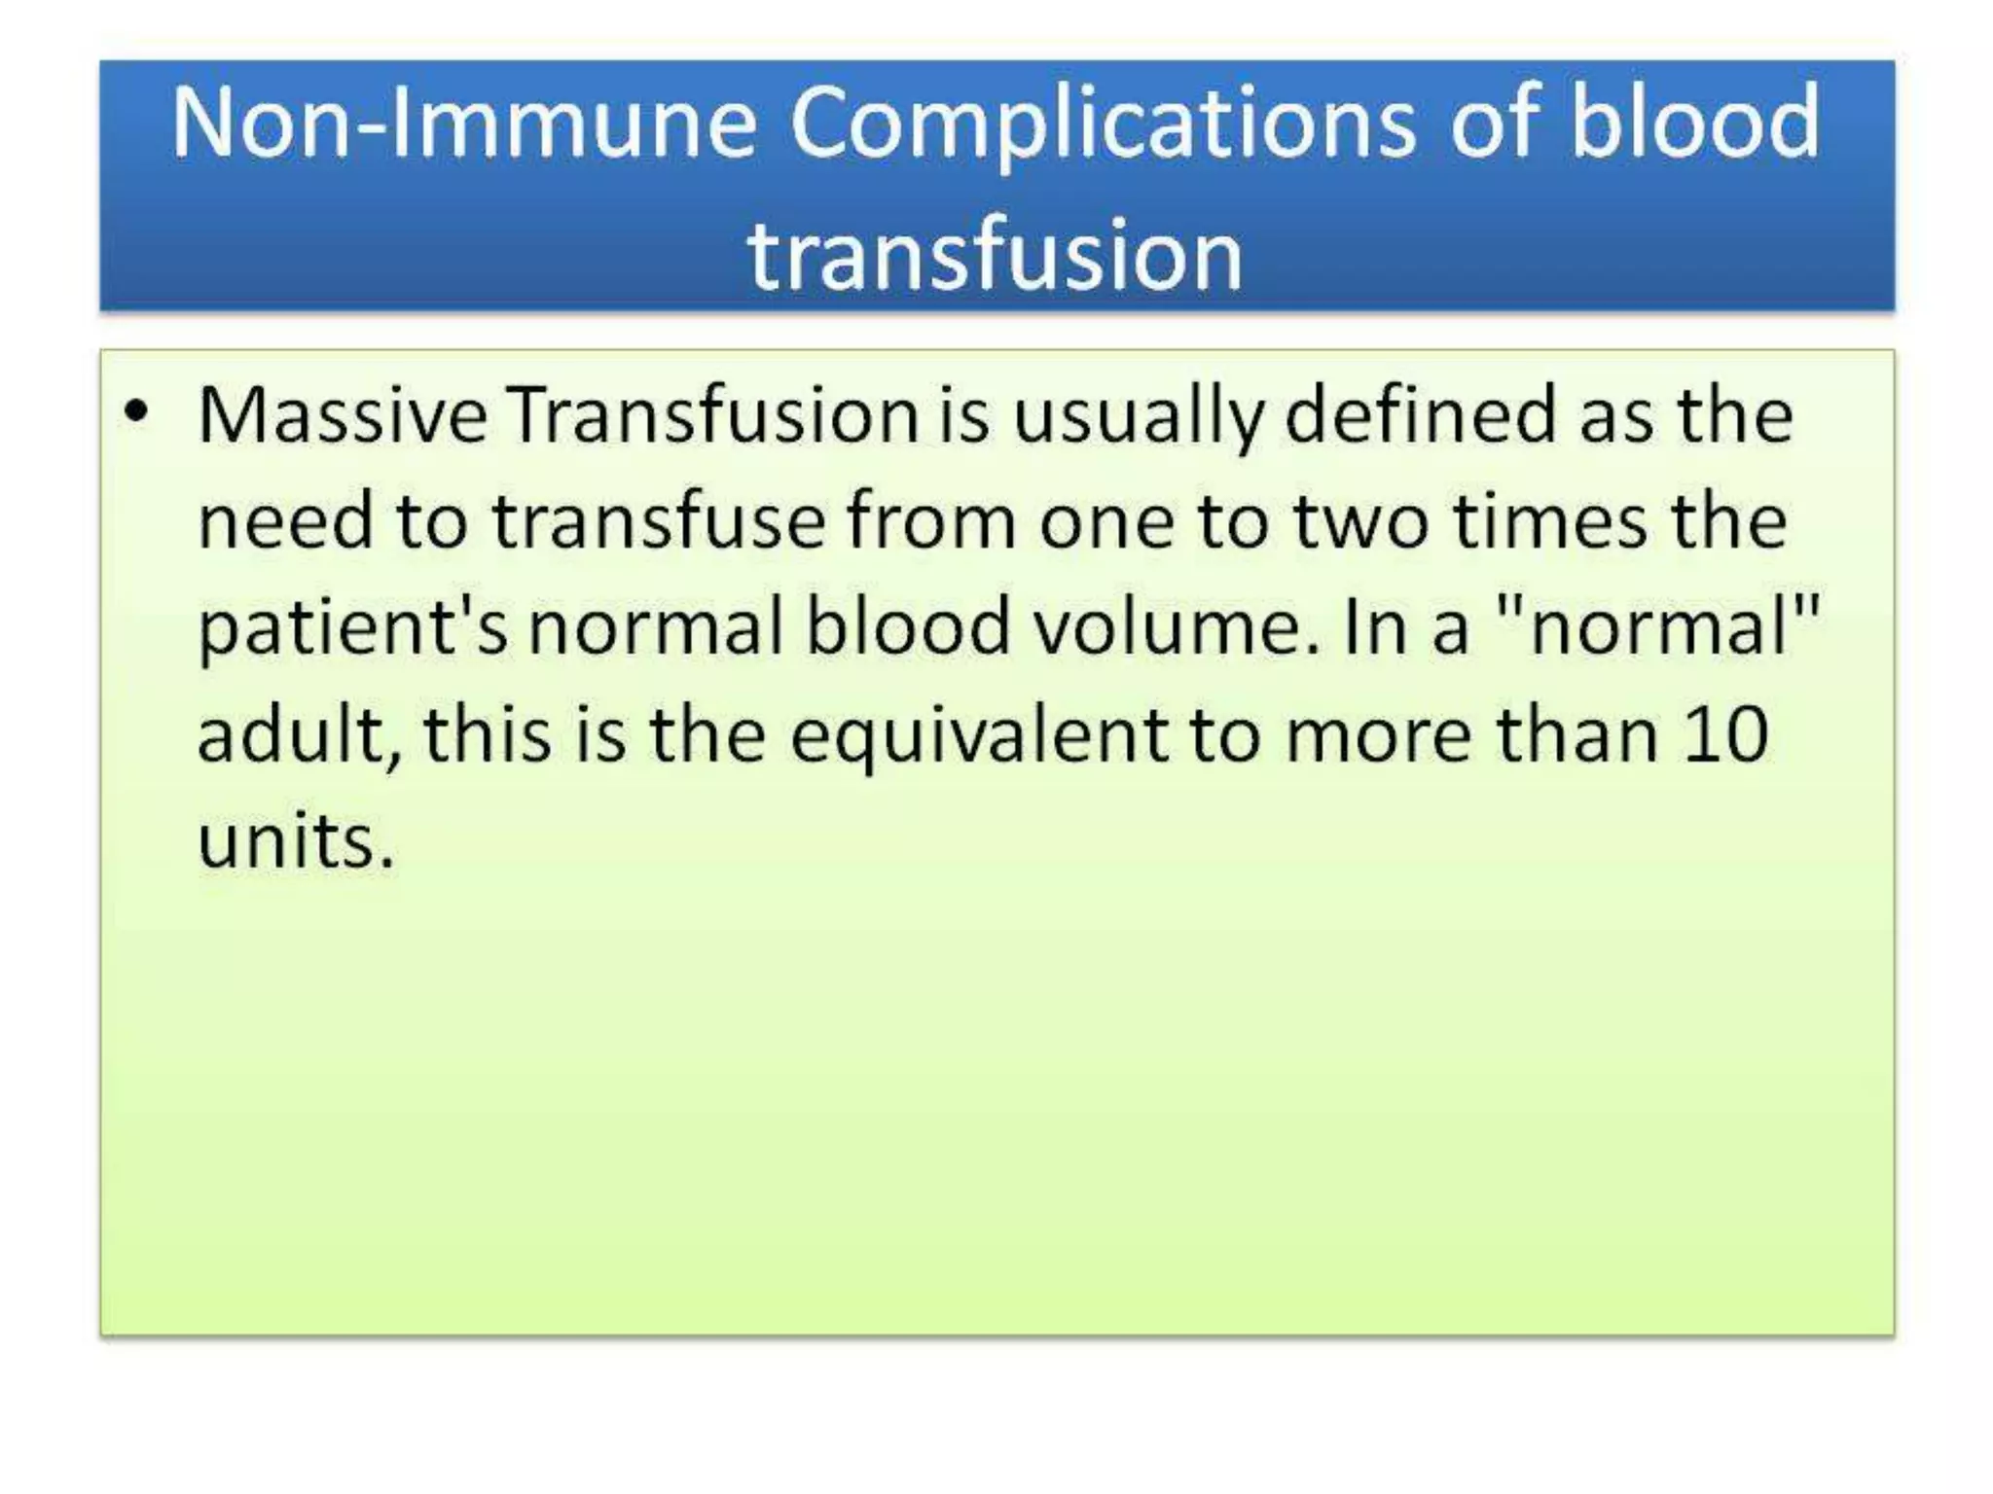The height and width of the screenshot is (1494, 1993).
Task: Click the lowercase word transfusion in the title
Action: pos(996,255)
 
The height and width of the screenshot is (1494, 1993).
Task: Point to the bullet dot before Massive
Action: pos(136,411)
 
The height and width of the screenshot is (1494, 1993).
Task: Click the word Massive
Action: pos(342,416)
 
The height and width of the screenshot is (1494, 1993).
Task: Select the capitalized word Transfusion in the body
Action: pos(714,416)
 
